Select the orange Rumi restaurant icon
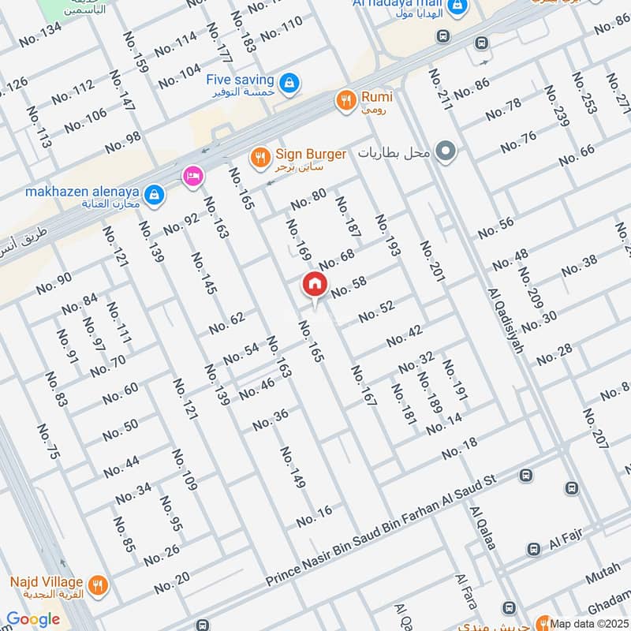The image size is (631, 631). (345, 100)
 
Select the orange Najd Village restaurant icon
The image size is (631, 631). (98, 584)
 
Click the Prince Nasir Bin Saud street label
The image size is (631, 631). (379, 530)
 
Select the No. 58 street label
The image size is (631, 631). (349, 287)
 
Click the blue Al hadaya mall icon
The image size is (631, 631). (456, 8)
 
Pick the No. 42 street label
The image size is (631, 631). (405, 335)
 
